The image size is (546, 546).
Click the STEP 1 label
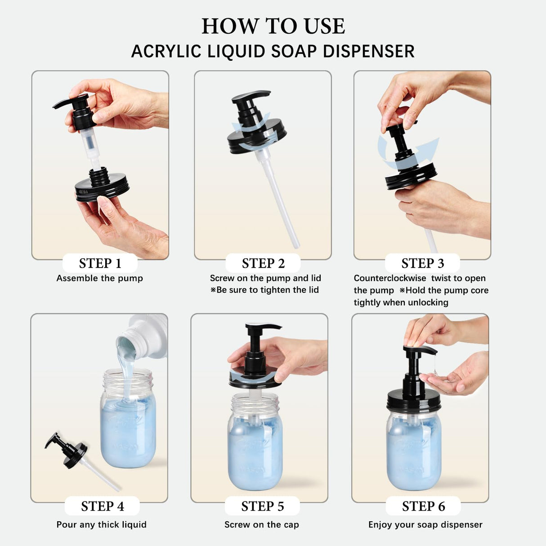pyautogui.click(x=100, y=264)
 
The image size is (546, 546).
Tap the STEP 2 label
pyautogui.click(x=263, y=264)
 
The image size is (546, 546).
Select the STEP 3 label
pyautogui.click(x=422, y=264)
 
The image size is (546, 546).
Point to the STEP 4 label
pyautogui.click(x=102, y=506)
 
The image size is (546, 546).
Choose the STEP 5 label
pyautogui.click(x=262, y=506)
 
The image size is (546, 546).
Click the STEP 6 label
pyautogui.click(x=423, y=506)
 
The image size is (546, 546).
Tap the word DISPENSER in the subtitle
pyautogui.click(x=368, y=52)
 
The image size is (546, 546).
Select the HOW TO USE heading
pyautogui.click(x=273, y=26)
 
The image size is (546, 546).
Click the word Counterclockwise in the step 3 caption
pyautogui.click(x=389, y=278)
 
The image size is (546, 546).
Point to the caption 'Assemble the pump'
pyautogui.click(x=99, y=278)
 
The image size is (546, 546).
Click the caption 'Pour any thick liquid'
pyautogui.click(x=102, y=525)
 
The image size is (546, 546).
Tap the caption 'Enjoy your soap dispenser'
pyautogui.click(x=425, y=525)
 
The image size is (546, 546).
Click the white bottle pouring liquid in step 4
pyautogui.click(x=144, y=337)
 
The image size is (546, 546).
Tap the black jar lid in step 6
pyautogui.click(x=413, y=403)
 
